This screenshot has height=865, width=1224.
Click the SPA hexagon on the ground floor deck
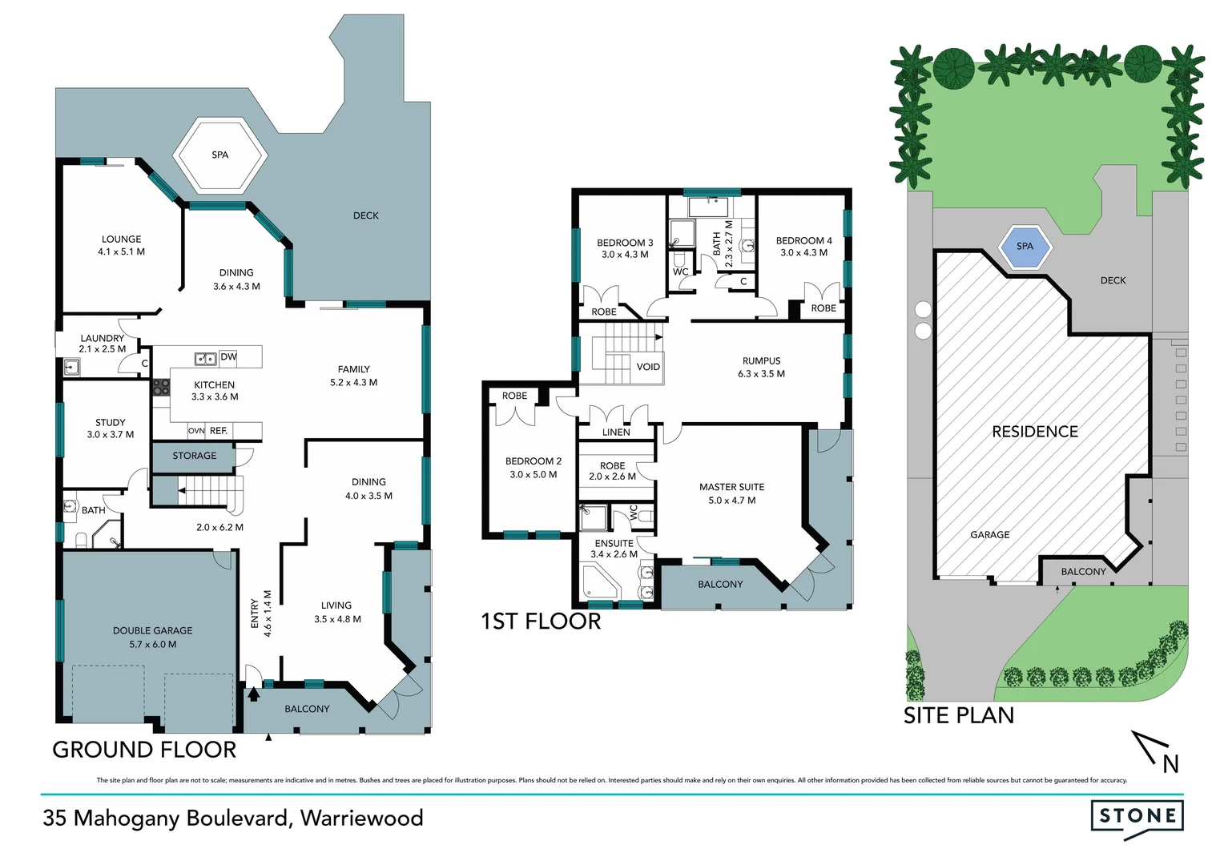(219, 155)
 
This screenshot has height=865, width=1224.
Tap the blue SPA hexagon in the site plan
(1025, 247)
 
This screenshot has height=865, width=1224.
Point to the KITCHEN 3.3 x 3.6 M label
(215, 391)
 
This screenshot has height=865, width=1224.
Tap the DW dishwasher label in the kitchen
(228, 357)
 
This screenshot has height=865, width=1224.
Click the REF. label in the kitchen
(219, 431)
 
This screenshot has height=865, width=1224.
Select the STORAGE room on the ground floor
(194, 456)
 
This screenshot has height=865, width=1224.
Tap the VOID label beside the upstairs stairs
(648, 368)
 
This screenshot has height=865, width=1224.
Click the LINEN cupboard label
(616, 432)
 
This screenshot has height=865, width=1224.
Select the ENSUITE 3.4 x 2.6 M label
(614, 549)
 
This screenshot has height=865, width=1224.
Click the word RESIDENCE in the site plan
(1035, 432)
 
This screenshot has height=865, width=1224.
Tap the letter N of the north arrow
(1170, 764)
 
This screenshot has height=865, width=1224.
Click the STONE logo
(1137, 817)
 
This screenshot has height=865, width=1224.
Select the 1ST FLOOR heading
(541, 622)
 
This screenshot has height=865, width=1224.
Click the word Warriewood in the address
(362, 819)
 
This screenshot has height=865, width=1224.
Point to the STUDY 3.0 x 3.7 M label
(111, 428)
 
